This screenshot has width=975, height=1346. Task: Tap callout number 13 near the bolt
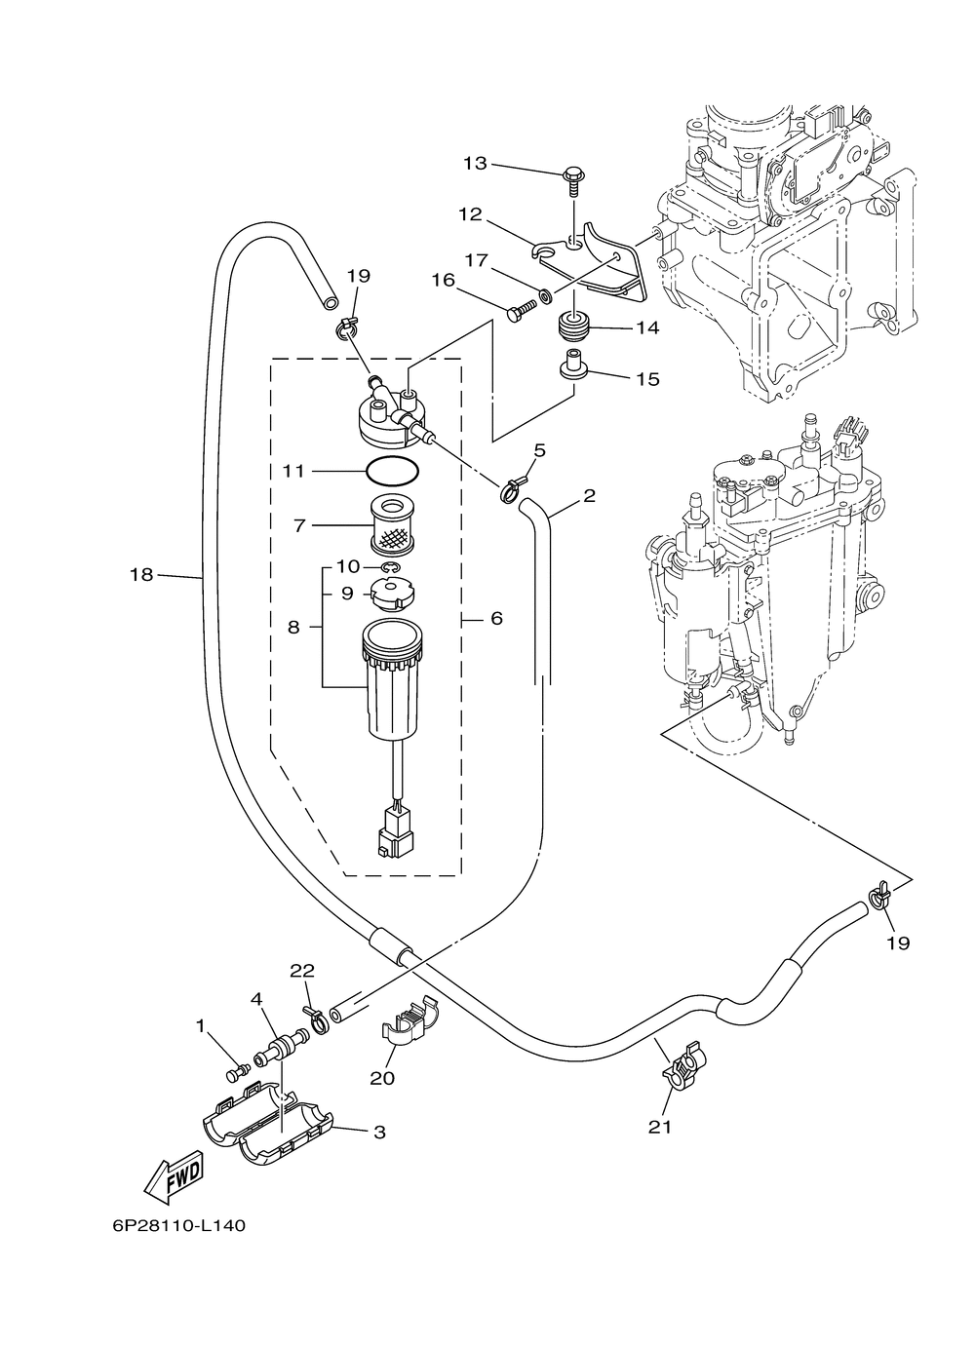point(476,163)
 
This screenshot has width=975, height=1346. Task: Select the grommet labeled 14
point(573,327)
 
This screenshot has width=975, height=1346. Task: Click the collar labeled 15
point(573,365)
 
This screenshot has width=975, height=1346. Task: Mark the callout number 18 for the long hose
point(141,575)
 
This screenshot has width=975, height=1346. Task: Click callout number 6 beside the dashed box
point(496,618)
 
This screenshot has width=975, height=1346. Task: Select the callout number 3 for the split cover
point(379,1133)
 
